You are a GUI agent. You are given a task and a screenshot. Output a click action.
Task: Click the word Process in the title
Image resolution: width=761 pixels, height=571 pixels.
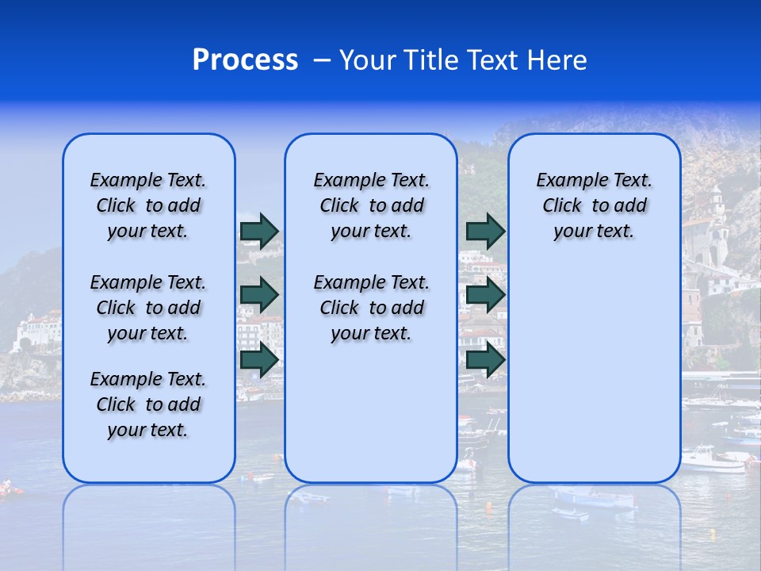[x=245, y=60]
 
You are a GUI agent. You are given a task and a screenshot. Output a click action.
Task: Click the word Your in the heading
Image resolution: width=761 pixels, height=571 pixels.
[x=369, y=60]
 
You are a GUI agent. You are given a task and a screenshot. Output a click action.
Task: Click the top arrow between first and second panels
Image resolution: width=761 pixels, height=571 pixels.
[x=259, y=231]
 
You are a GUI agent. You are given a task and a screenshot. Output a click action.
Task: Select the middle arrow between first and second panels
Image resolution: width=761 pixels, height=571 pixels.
[x=259, y=295]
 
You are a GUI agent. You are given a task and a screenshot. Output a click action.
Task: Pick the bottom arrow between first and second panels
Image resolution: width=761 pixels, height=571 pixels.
[x=259, y=359]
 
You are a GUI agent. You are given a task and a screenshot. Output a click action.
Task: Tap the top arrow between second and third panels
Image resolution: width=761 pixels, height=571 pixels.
[x=485, y=231]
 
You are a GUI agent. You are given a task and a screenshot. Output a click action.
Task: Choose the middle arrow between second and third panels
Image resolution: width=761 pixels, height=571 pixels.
[x=485, y=295]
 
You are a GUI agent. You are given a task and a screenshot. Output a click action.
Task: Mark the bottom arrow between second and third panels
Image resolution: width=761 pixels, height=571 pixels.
[x=485, y=359]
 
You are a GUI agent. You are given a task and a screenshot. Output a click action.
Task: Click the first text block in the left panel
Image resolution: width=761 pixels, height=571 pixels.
[x=148, y=205]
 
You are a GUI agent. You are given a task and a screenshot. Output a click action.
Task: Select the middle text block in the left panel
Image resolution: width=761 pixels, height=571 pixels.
[x=148, y=308]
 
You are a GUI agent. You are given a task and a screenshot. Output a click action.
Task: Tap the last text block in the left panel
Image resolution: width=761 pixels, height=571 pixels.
[x=148, y=404]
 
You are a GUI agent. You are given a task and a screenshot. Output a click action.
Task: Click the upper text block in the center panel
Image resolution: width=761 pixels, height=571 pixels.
[x=371, y=205]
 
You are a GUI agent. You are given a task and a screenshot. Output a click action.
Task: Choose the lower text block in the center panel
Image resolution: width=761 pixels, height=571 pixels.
[x=371, y=308]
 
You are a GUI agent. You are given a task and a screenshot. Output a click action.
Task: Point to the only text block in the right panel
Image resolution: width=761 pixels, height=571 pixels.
[x=594, y=205]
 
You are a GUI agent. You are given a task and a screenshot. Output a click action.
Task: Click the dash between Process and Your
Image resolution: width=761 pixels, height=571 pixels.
[x=322, y=60]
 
